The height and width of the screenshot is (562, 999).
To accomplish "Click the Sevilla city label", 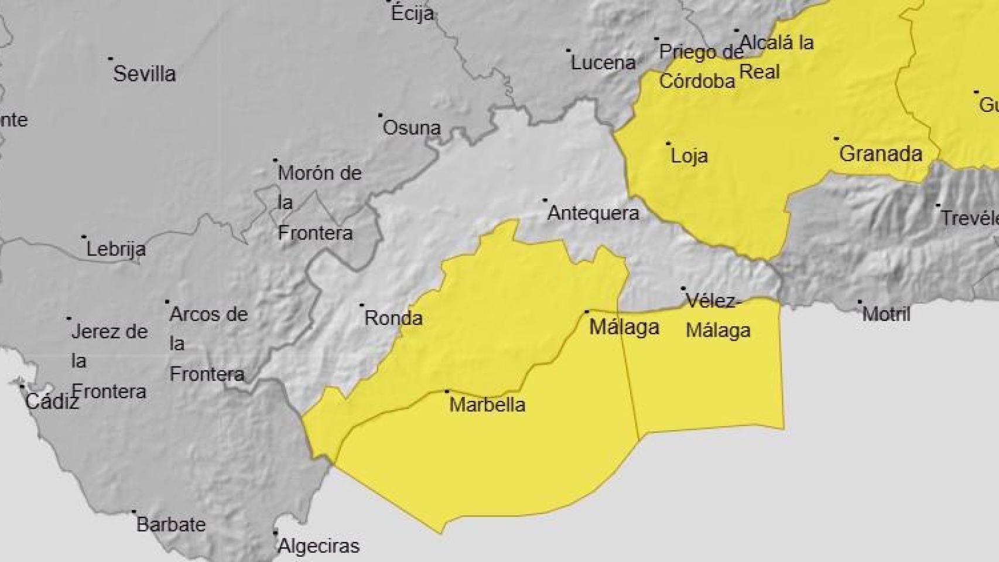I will point(144,74).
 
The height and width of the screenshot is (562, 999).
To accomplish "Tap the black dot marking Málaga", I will point(587,312).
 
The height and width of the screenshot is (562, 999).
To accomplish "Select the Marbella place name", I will point(487,405).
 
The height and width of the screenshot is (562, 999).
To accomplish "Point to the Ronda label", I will point(394,318).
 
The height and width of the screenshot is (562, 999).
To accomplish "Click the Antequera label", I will point(593,213).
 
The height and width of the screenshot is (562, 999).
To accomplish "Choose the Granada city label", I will point(880,154).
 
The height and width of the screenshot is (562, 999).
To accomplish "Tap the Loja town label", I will point(689,156).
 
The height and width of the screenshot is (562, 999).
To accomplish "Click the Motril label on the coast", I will point(886,314).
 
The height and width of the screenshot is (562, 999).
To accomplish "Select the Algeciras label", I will point(319,546).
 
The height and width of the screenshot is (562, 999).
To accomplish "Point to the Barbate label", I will point(171,525).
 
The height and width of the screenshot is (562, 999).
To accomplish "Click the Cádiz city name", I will point(52,402).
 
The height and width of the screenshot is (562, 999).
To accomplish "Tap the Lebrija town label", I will point(116,250).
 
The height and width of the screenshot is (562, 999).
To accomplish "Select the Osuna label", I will point(411,128).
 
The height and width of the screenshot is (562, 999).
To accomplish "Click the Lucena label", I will point(603,63).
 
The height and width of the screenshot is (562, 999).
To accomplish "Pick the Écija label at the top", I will point(412,13).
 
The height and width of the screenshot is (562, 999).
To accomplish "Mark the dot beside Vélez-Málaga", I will point(683,289).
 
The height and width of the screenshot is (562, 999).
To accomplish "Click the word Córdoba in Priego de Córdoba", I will point(697,81).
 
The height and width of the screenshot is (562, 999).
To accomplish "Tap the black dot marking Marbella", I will point(447,391).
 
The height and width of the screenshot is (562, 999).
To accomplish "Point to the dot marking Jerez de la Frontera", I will point(69,318).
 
